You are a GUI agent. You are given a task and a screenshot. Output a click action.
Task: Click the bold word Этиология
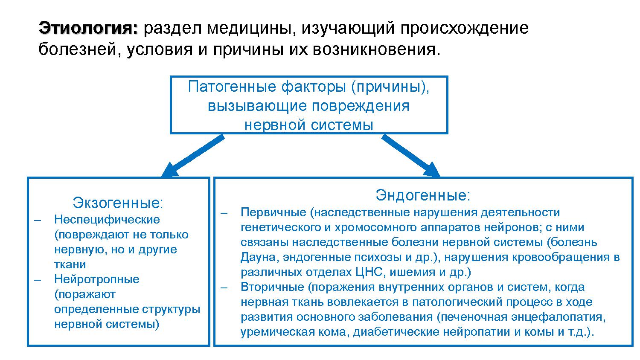point(88,29)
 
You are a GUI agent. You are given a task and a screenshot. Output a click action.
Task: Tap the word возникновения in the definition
point(375,49)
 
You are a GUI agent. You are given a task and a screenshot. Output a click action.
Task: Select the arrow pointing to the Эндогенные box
point(410,156)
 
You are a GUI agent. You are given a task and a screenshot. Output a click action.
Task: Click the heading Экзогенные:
point(118,203)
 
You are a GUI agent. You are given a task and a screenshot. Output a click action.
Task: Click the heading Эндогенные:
point(423,195)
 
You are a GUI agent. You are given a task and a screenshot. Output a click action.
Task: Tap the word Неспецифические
point(107,220)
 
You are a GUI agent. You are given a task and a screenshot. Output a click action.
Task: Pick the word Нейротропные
point(97,279)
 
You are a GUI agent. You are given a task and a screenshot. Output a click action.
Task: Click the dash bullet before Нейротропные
point(38,279)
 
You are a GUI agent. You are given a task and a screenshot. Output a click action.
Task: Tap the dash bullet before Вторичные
point(224,287)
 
